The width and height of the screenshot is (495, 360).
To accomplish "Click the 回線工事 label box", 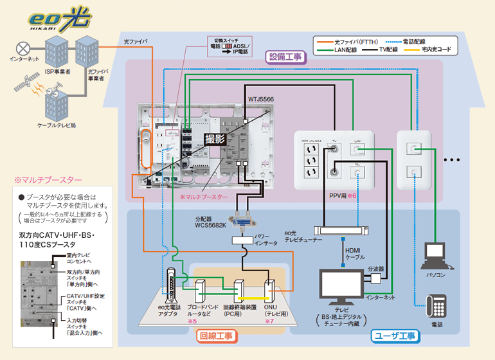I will point(215,336).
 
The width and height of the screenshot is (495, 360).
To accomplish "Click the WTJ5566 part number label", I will point(261,100).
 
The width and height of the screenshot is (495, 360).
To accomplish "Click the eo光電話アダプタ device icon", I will point(172,285).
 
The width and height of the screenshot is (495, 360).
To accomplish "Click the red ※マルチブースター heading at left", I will point(44,179).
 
